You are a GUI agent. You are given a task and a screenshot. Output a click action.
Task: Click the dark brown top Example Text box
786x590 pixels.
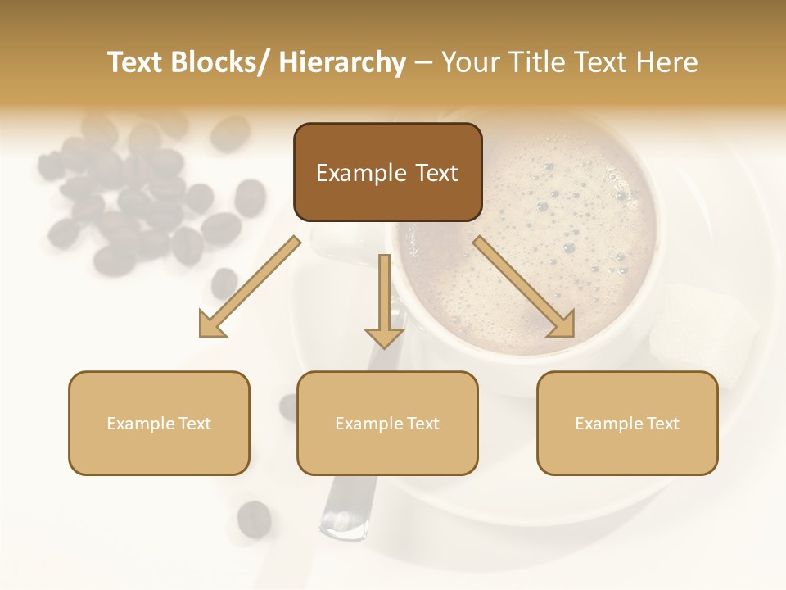(387, 172)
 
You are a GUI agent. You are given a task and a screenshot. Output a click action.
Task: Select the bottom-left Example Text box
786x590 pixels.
(159, 423)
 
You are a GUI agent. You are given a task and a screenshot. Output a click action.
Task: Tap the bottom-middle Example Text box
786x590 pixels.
(387, 423)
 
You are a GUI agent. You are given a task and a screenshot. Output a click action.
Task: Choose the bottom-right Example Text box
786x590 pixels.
(627, 423)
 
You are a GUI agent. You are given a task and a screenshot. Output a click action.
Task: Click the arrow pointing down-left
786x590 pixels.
(248, 287)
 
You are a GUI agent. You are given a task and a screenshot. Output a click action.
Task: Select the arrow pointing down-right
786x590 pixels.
(525, 287)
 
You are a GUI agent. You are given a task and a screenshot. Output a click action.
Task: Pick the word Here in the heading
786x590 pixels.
(667, 62)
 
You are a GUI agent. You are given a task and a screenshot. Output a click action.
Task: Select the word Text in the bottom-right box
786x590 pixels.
(662, 423)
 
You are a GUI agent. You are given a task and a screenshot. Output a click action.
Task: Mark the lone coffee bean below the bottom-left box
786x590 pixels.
(254, 518)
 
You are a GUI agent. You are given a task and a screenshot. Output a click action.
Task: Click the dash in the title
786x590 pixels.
(423, 62)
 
